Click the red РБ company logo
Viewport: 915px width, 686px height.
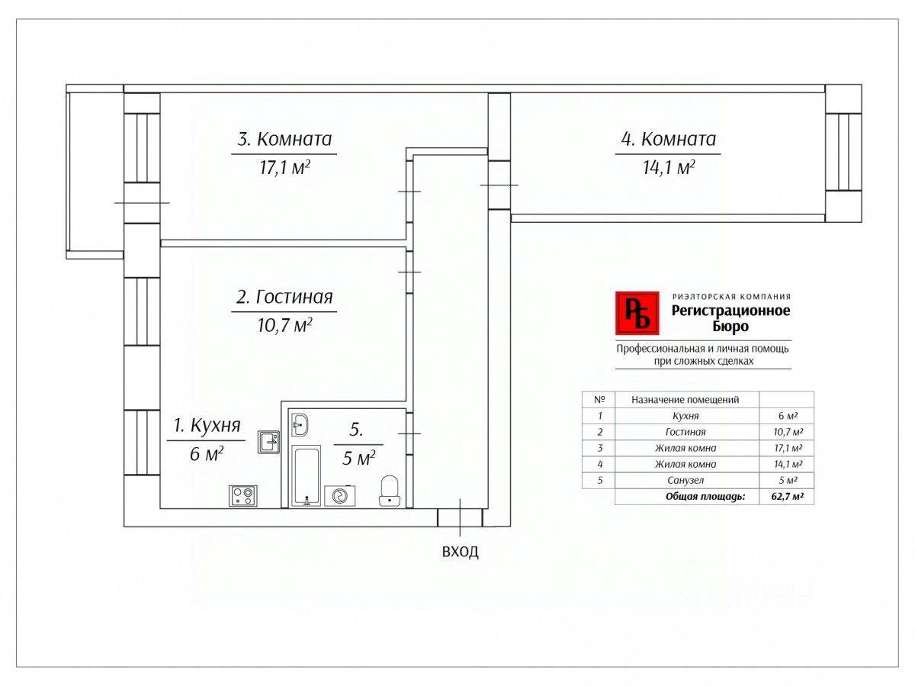[x=637, y=313]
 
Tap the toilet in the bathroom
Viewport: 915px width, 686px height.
[x=390, y=491]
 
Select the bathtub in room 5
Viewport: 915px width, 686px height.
[x=307, y=475]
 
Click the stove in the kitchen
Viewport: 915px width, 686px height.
[x=243, y=496]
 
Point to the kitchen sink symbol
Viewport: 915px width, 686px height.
[x=268, y=442]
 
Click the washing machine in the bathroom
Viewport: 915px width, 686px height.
[x=339, y=496]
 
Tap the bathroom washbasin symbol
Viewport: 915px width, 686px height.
[x=300, y=424]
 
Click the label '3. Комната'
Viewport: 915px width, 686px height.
[x=284, y=140]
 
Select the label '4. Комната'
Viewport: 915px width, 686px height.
[x=669, y=140]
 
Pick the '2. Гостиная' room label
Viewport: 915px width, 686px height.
[x=284, y=297]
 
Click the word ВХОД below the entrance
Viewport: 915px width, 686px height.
[x=461, y=552]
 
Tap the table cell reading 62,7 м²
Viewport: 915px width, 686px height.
[x=787, y=497]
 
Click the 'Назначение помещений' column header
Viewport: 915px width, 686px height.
[x=685, y=399]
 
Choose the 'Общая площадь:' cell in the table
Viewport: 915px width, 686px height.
[x=705, y=497]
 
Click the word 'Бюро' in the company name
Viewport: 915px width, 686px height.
[x=731, y=327]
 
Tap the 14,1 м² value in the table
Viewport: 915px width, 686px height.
[x=787, y=464]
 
